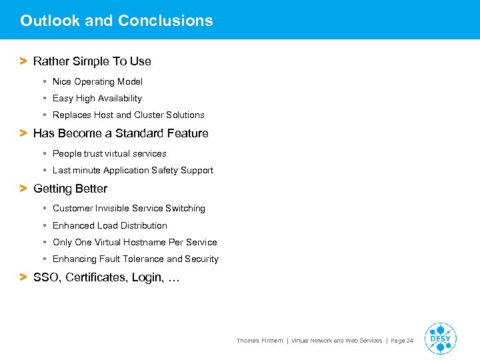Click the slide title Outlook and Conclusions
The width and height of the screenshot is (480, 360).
click(117, 21)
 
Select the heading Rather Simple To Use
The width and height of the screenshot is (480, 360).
click(92, 61)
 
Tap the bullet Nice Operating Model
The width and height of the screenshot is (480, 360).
click(97, 82)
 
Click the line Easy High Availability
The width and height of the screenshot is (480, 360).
click(97, 99)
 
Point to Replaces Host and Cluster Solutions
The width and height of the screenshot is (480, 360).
click(128, 115)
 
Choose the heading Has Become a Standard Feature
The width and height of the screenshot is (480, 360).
click(121, 133)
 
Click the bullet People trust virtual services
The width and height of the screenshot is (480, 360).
click(109, 154)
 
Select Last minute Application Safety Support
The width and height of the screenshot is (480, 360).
click(133, 171)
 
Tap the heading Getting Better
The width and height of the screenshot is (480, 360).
click(70, 189)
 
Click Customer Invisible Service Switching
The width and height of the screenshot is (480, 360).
click(129, 209)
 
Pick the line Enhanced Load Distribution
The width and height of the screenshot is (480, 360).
click(110, 226)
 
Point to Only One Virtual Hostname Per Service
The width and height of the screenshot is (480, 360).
click(135, 243)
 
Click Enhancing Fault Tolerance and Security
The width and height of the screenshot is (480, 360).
click(135, 259)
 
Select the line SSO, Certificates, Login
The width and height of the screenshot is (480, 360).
click(106, 277)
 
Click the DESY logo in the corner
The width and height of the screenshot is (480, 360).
click(440, 339)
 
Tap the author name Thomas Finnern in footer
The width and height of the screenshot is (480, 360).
click(259, 341)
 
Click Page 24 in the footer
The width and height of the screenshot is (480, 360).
click(402, 341)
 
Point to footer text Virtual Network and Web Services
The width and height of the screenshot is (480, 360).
click(337, 341)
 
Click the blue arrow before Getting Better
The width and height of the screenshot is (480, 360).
click(23, 189)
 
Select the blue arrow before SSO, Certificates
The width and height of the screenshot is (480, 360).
click(23, 277)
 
